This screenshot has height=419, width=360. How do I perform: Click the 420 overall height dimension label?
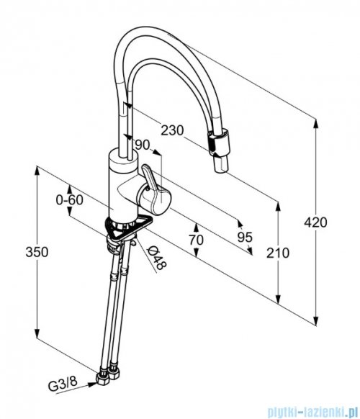(x=315, y=222)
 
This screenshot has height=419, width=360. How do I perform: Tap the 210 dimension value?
(x=278, y=253)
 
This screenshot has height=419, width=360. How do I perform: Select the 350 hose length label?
(x=37, y=252)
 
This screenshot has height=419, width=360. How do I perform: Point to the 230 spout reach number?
(x=172, y=130)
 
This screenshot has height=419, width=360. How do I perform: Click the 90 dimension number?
(x=143, y=145)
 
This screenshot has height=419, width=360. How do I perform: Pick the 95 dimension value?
(x=245, y=237)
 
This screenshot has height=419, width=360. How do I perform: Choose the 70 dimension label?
(x=197, y=240)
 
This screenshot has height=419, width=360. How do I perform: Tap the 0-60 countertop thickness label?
(x=70, y=199)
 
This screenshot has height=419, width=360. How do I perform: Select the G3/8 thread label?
(x=63, y=384)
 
